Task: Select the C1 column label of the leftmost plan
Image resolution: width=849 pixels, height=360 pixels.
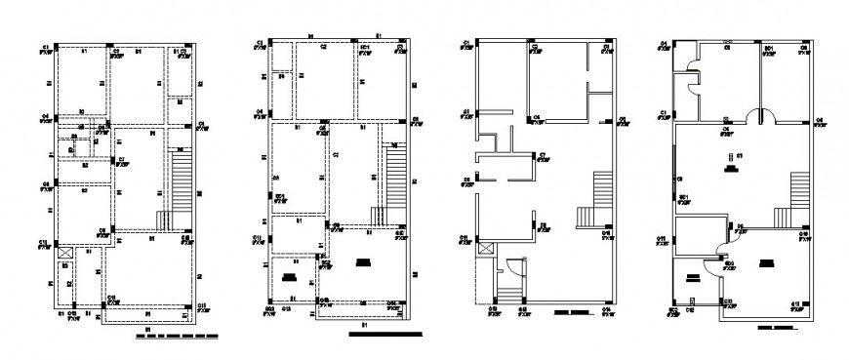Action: coord(45,47)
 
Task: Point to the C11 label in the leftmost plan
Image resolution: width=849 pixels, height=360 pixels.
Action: coord(44,241)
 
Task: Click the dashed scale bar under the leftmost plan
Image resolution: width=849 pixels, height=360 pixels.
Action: coord(177,337)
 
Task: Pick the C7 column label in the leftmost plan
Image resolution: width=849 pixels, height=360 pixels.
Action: coord(120,159)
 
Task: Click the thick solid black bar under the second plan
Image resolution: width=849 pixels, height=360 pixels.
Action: coord(386,336)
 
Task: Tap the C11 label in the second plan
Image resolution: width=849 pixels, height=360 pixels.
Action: coord(257,237)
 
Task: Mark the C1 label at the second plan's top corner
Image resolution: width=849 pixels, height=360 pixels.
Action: coord(261,43)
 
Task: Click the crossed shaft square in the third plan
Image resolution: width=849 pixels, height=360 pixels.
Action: coord(485,250)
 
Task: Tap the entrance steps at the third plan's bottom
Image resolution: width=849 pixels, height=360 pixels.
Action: coord(508,290)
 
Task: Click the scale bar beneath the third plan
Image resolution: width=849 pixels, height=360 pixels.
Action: coord(572,314)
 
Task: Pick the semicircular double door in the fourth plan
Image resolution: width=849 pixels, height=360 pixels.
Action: coord(760,116)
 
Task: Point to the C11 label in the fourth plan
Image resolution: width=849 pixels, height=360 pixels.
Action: coord(662,238)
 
